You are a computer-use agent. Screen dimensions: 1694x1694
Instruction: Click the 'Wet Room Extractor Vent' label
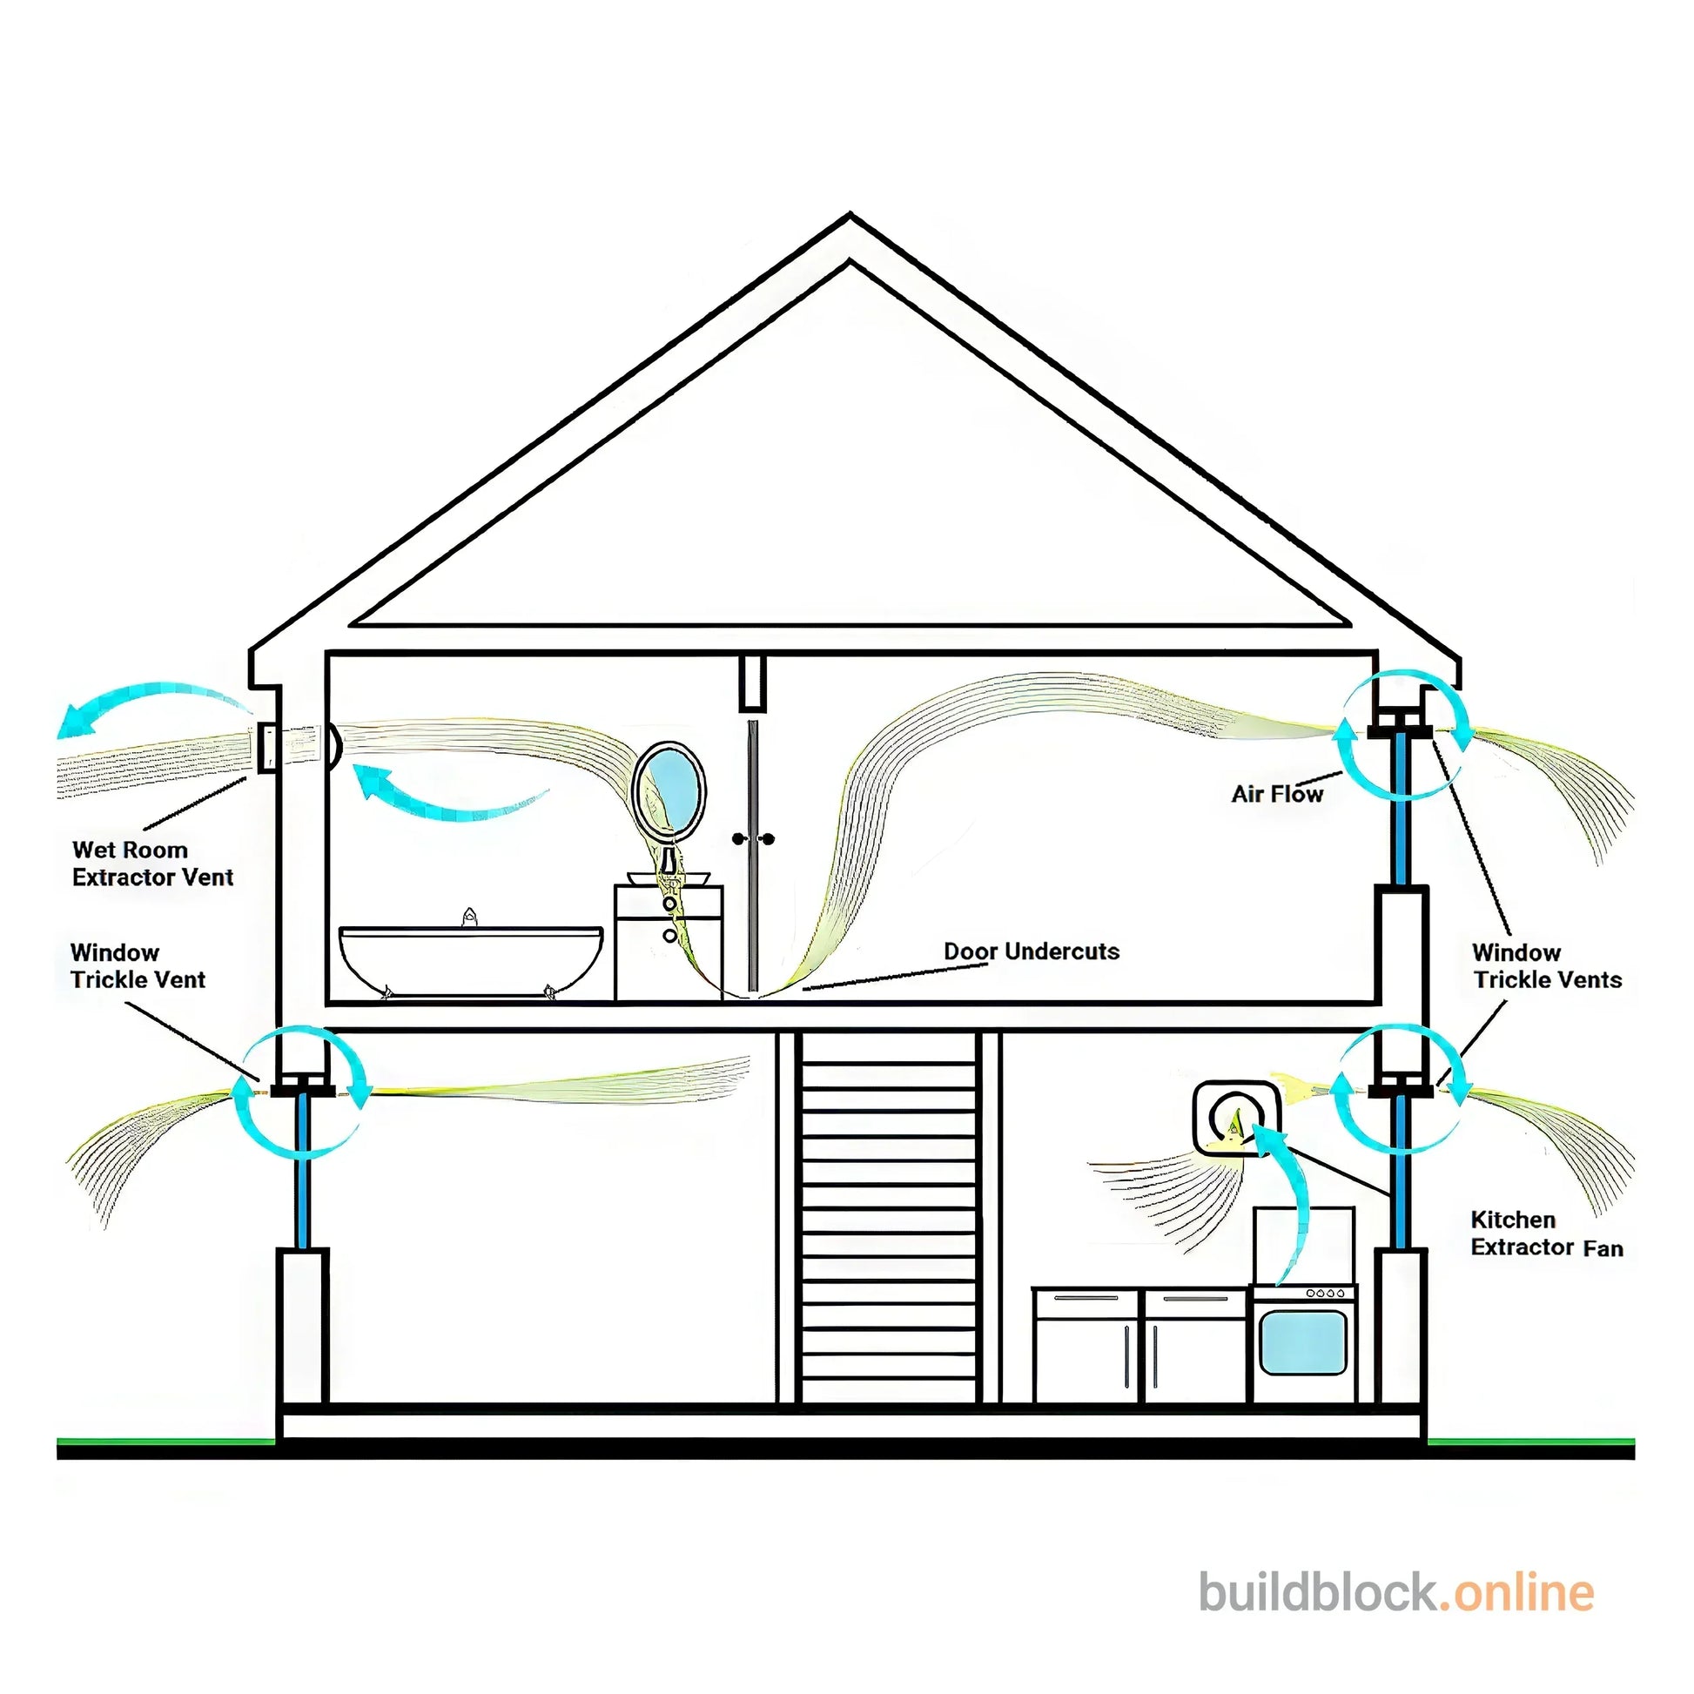pos(152,864)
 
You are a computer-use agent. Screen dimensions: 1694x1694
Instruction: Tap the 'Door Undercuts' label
pos(1032,951)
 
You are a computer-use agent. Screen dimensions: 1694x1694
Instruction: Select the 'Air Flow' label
pos(1277,794)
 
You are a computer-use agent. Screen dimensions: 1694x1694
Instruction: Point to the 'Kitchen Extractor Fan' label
pos(1547,1234)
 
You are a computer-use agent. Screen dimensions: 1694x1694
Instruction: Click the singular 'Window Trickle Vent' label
pos(138,965)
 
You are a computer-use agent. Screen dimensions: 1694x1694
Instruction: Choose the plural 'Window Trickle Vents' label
pos(1547,965)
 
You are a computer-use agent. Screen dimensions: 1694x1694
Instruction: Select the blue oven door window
pos(1303,1342)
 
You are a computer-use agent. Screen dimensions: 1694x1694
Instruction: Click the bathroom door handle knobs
pos(753,839)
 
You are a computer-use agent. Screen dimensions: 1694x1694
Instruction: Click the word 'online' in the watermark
pos(1523,1617)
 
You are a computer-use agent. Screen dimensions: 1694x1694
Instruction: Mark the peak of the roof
pos(849,218)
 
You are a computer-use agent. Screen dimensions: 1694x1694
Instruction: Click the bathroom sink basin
pos(669,877)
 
